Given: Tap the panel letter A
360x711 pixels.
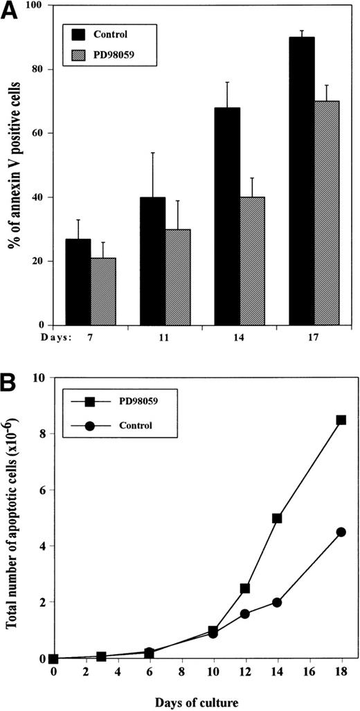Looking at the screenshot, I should [10, 10].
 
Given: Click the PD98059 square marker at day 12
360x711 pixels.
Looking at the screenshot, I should [245, 588].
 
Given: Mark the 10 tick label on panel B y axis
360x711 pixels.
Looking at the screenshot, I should [40, 378].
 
